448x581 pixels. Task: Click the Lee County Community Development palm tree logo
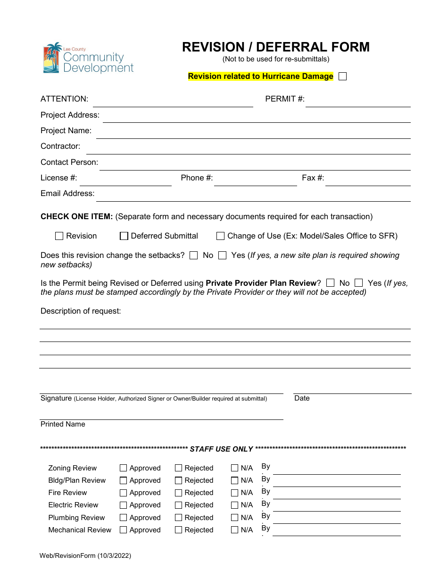[x=53, y=58]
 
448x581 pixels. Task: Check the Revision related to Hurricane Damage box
[x=343, y=77]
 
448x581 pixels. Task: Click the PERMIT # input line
[x=357, y=102]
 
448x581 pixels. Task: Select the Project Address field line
[x=256, y=118]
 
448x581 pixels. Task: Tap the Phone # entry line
[x=255, y=180]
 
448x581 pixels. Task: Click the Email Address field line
[x=253, y=197]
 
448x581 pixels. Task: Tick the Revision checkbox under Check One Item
[x=59, y=236]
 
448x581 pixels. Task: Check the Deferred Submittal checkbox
[x=124, y=236]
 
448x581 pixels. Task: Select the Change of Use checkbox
[x=220, y=236]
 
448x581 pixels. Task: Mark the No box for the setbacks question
[x=193, y=256]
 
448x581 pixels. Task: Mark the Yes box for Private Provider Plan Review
[x=359, y=283]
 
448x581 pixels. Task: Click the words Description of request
[x=81, y=311]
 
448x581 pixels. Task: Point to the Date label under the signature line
[x=302, y=398]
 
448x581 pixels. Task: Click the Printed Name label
[x=63, y=424]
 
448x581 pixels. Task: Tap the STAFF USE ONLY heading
[x=221, y=449]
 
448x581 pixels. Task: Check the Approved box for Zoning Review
[x=124, y=468]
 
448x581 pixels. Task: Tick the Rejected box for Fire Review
[x=178, y=493]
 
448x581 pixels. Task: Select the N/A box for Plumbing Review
[x=234, y=518]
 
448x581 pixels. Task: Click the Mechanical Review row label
[x=80, y=530]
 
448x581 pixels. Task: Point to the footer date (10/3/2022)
[x=114, y=556]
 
